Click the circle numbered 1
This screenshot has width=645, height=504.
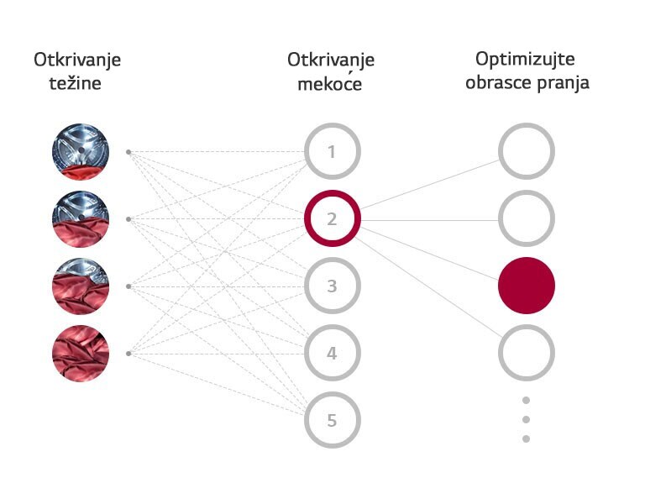(x=332, y=152)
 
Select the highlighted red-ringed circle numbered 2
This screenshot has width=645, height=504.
(x=332, y=219)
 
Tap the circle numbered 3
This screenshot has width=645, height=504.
(x=332, y=286)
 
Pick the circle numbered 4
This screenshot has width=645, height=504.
(x=332, y=354)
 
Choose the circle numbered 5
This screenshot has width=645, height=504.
(x=332, y=420)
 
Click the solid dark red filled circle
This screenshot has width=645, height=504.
(x=527, y=286)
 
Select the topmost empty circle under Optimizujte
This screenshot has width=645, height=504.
(x=527, y=152)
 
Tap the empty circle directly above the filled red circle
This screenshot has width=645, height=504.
(x=527, y=219)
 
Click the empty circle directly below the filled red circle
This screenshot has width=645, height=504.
(x=527, y=354)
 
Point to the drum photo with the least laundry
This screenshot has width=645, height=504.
(x=81, y=152)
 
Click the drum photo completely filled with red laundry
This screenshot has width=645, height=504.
(x=81, y=354)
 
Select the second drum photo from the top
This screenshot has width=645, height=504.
(x=81, y=219)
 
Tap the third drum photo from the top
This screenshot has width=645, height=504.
(x=81, y=286)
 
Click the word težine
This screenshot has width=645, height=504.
(x=77, y=84)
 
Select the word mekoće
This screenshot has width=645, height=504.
(x=330, y=84)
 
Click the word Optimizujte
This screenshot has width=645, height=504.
(x=527, y=60)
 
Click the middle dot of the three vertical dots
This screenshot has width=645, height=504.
(x=527, y=419)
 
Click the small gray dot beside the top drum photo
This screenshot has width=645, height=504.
(x=128, y=152)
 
